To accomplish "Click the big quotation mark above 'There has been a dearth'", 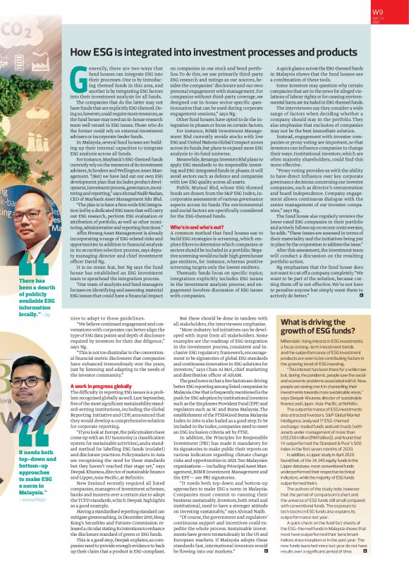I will coord(18,261).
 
